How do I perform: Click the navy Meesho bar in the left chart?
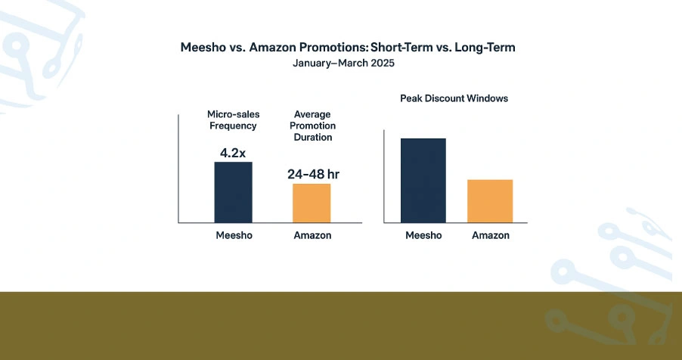click(233, 192)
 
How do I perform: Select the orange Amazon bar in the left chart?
click(312, 203)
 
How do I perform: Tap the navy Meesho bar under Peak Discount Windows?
click(423, 181)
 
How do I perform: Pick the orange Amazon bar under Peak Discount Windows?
click(490, 201)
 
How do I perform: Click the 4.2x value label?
click(233, 153)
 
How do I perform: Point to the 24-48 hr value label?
click(313, 174)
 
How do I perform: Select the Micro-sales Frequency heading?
click(233, 119)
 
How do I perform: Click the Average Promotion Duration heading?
click(312, 126)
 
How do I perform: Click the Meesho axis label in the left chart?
click(233, 235)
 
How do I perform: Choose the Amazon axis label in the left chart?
click(312, 235)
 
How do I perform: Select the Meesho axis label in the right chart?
click(423, 235)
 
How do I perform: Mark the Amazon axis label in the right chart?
click(490, 235)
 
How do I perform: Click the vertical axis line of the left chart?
click(178, 168)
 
